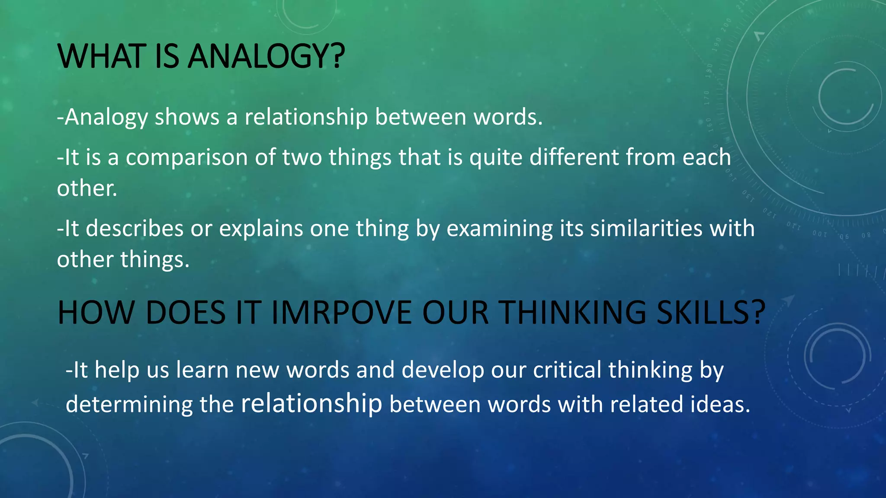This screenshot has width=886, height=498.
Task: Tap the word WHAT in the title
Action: (101, 57)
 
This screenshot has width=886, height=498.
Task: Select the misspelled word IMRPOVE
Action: (342, 313)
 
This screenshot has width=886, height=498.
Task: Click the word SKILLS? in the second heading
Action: (711, 313)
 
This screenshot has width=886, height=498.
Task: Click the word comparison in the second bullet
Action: (186, 157)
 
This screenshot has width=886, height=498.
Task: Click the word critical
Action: (567, 370)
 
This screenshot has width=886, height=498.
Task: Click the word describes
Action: (135, 229)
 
